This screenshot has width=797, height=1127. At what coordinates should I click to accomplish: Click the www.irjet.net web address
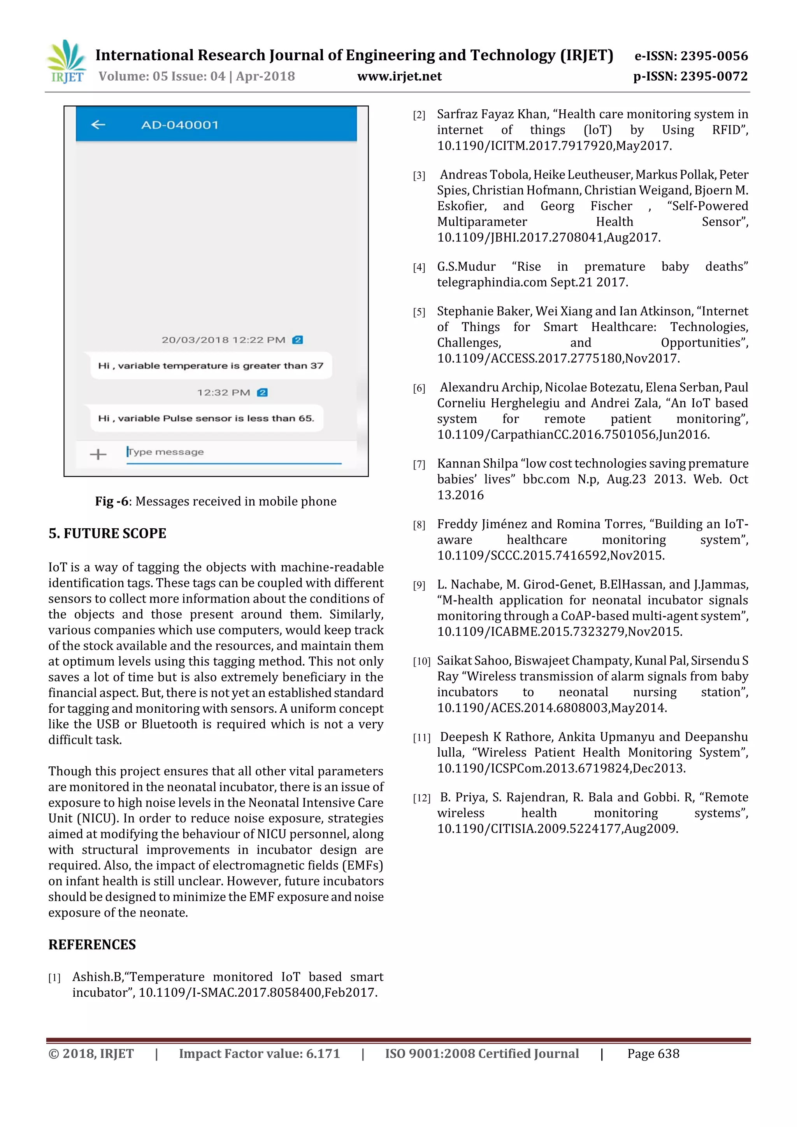(399, 76)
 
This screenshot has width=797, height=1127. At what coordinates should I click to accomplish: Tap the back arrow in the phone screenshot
(98, 124)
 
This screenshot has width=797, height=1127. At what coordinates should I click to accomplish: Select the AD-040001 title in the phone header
(180, 124)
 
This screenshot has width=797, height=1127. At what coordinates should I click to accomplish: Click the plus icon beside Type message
(98, 454)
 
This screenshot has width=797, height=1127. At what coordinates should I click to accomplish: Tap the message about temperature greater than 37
(211, 366)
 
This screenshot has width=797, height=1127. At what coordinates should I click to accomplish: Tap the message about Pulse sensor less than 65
(206, 418)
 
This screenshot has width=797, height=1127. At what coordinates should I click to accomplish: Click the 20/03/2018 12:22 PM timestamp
(223, 340)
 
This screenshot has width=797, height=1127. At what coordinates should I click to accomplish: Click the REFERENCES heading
(92, 945)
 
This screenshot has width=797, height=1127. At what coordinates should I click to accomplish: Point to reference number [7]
(419, 464)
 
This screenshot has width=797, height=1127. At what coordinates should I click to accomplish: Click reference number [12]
(421, 798)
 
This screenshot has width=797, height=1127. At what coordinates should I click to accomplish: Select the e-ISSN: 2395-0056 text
(691, 56)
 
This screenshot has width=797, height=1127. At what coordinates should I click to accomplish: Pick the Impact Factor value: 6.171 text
(259, 1053)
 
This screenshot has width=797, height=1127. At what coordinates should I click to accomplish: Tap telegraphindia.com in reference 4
(492, 282)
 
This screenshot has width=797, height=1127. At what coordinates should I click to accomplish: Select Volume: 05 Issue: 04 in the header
(162, 76)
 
